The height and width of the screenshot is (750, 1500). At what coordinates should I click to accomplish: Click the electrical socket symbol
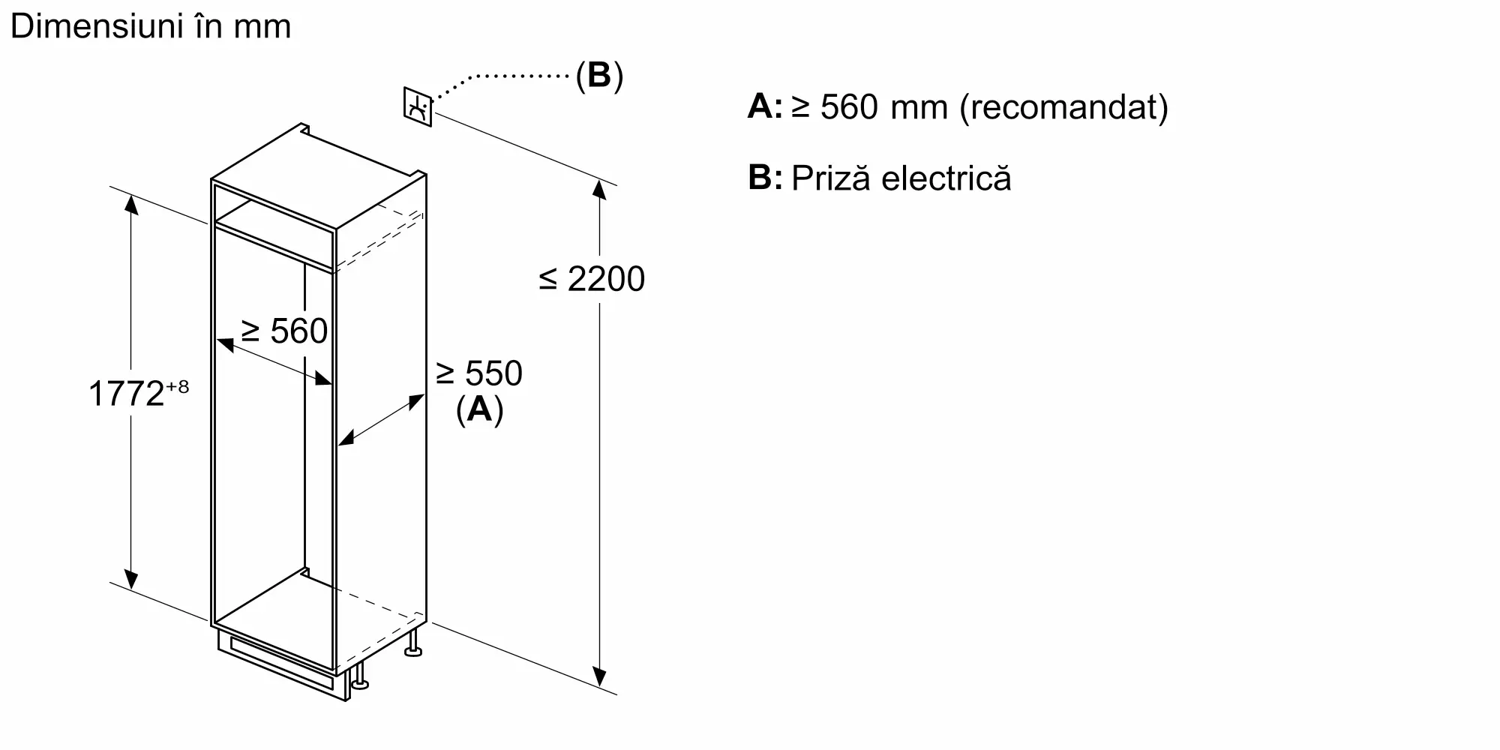[x=418, y=107]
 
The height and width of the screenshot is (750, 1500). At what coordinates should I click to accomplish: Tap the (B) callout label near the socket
[x=599, y=76]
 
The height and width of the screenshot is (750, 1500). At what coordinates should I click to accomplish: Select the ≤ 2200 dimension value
[x=592, y=279]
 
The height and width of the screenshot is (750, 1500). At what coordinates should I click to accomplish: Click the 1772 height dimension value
[x=126, y=394]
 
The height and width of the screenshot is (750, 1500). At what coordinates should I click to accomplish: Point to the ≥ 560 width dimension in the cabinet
[x=284, y=331]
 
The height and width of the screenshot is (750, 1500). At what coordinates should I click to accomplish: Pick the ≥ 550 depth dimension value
[x=479, y=373]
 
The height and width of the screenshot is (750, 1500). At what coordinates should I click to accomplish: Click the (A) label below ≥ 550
[x=479, y=409]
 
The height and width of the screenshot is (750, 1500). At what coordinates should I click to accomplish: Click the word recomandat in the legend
[x=1064, y=107]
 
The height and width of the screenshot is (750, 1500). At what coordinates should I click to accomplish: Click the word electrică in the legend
[x=946, y=178]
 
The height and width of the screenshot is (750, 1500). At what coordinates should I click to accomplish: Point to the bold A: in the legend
[x=765, y=107]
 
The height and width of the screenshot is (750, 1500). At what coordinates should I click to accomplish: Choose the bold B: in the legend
[x=765, y=178]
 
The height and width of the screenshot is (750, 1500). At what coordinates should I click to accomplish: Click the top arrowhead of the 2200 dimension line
[x=599, y=189]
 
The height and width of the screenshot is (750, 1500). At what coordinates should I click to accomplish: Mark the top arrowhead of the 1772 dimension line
[x=131, y=204]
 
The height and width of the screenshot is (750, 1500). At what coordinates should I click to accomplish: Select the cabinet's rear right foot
[x=413, y=645]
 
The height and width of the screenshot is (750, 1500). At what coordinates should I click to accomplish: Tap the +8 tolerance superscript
[x=178, y=387]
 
